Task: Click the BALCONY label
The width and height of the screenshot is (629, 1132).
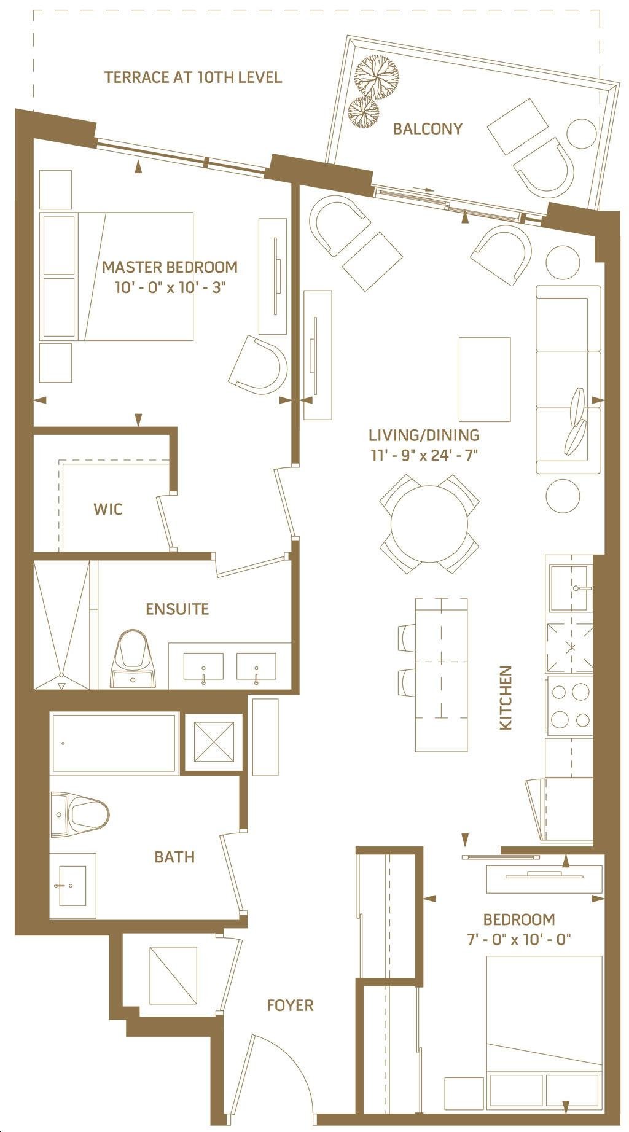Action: click(428, 129)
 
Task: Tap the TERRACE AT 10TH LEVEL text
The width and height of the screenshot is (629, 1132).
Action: click(193, 77)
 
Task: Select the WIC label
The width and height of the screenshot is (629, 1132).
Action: click(108, 509)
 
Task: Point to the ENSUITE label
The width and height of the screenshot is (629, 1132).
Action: click(177, 609)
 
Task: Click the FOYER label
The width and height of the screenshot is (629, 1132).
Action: click(290, 1005)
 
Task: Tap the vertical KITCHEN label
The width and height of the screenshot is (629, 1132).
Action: click(506, 698)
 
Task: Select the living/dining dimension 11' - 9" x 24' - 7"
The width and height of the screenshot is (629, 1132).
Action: click(424, 455)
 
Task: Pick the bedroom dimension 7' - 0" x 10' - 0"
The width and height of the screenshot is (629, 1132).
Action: click(519, 939)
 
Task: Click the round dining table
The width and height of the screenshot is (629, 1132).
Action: click(429, 524)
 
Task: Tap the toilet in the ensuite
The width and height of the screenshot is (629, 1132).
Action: click(133, 658)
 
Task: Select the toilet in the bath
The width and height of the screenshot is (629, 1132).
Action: click(80, 814)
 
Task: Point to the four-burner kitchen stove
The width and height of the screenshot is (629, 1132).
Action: click(569, 706)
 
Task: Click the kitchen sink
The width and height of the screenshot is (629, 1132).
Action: click(571, 588)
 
